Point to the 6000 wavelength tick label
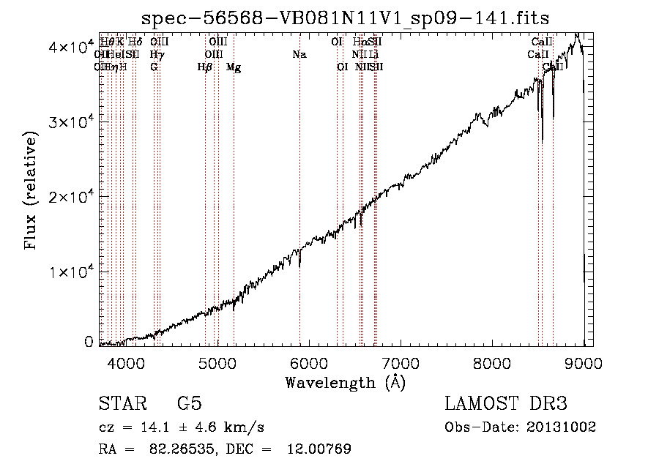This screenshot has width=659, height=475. pos(308,364)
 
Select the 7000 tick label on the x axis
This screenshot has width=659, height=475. pos(400,364)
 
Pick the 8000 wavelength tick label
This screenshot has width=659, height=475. pos(491,364)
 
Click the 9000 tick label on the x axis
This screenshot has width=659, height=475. pos(583,364)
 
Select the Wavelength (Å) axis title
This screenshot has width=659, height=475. pos(345,382)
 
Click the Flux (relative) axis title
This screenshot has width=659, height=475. pos(31,192)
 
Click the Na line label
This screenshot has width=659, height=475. pos(299,55)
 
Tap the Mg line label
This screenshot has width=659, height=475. pos(234,67)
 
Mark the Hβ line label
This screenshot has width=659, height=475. pos(205,67)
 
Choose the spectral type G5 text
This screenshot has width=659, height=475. pos(189,404)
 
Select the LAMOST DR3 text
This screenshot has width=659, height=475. pos(506,404)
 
